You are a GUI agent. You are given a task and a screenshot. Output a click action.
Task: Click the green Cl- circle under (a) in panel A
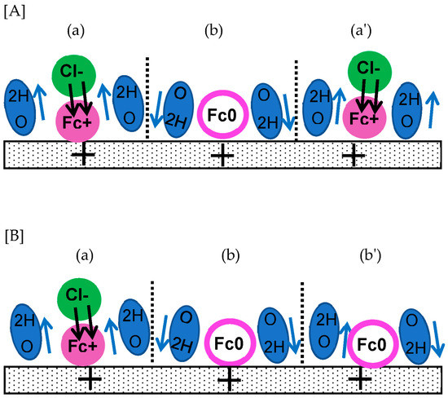79,75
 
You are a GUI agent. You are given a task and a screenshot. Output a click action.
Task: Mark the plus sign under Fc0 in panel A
221,153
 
